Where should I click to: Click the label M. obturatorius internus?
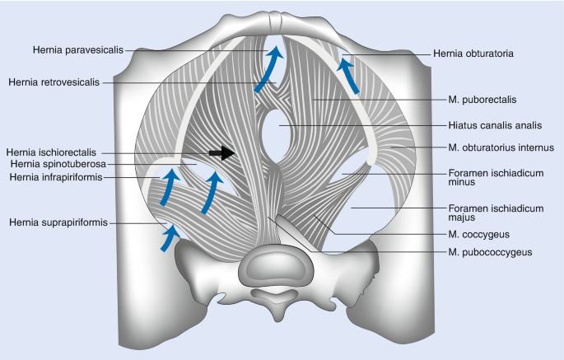(501, 147)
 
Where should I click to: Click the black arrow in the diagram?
(221, 152)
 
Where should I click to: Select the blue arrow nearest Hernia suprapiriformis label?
(168, 237)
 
